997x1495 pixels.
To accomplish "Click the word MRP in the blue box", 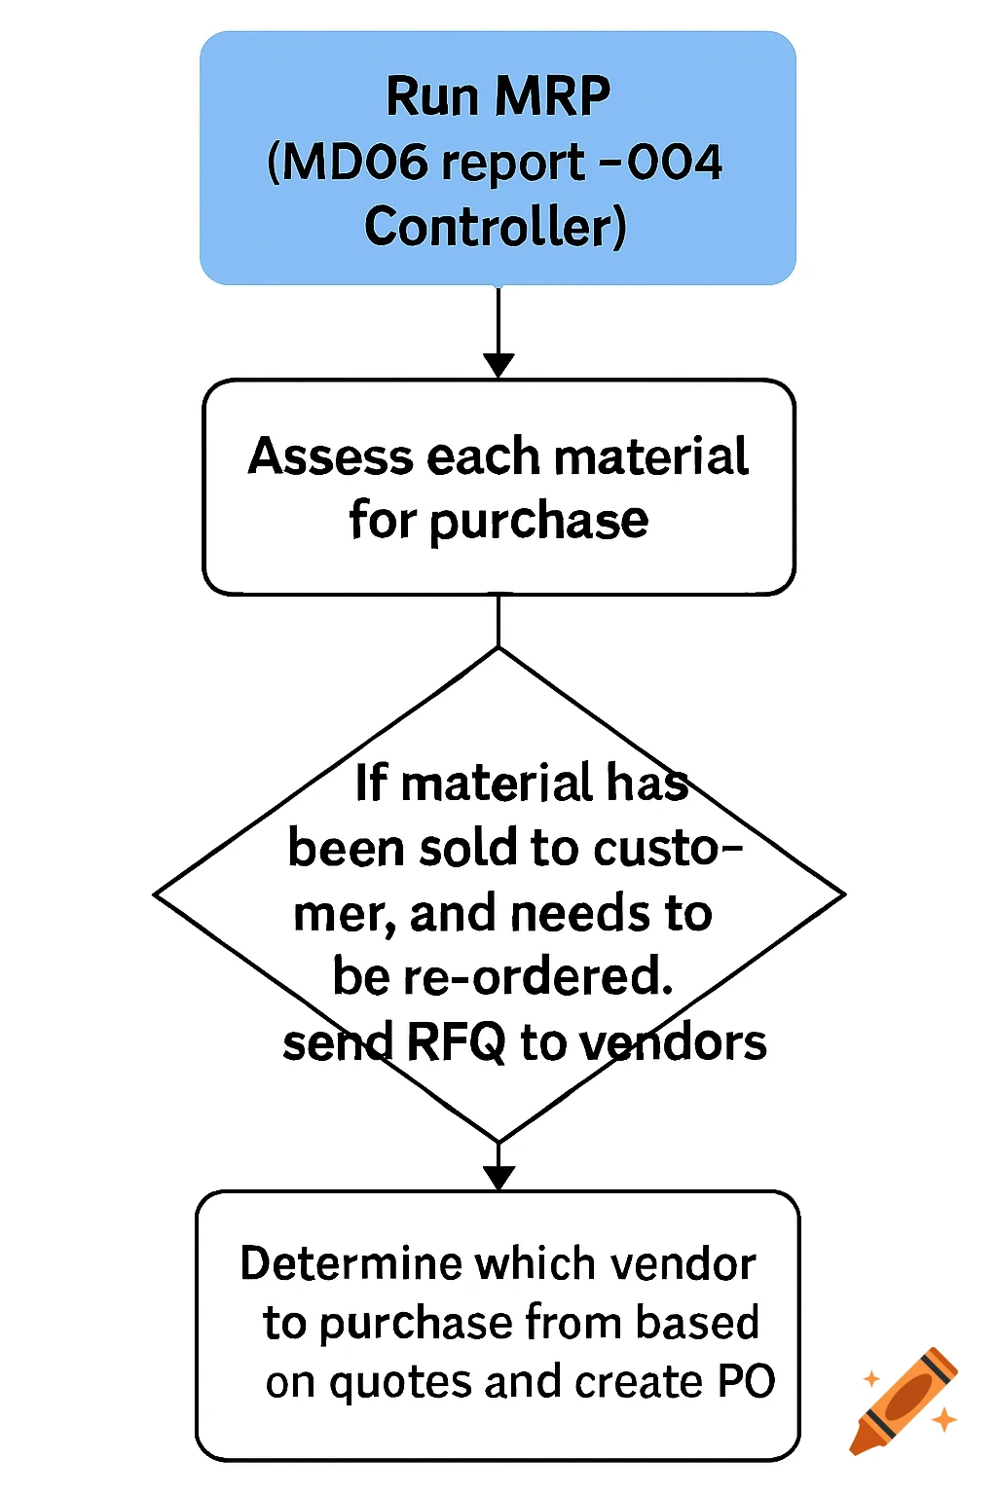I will (552, 96).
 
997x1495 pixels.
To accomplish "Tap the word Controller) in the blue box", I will (496, 227).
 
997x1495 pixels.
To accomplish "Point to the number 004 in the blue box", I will (674, 162).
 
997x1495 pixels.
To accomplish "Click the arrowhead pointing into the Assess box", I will (498, 365).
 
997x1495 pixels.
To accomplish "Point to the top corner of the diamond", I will (498, 649).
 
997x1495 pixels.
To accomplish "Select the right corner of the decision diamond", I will (841, 893).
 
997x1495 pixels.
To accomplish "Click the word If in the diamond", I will (371, 784).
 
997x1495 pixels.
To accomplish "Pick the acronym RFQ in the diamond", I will (457, 1042).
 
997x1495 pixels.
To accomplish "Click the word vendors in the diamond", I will (673, 1042).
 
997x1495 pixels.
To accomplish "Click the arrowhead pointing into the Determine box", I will (498, 1178).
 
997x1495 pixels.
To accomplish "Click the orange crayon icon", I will (904, 1402).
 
